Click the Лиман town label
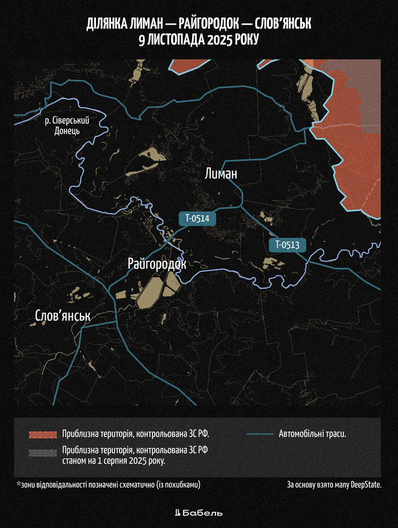(221, 174)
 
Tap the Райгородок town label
(157, 264)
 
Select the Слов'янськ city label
(62, 316)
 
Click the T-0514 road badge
(197, 218)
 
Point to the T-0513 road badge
(291, 245)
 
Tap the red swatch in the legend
(42, 434)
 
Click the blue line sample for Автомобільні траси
(259, 434)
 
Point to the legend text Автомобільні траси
(313, 434)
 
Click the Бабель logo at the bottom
(199, 513)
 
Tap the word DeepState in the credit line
(365, 484)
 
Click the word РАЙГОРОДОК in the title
(211, 25)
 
